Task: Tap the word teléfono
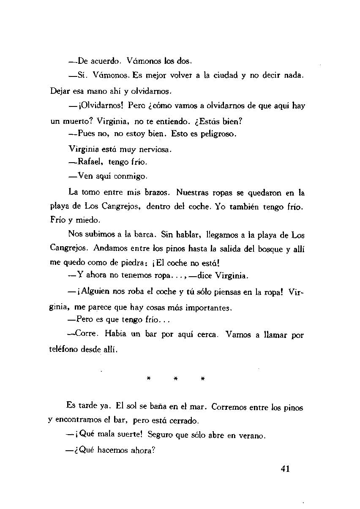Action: pos(65,350)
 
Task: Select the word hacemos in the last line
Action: pos(112,450)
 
